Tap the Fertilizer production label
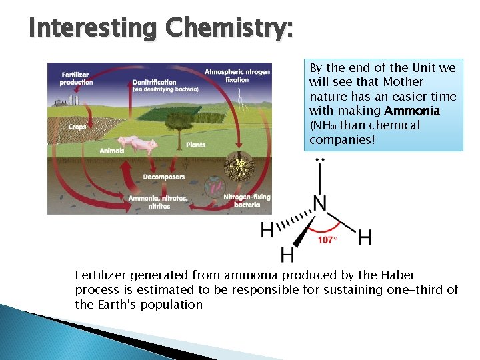[77, 79]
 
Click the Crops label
[77, 126]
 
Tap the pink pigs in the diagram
[137, 143]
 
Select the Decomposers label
[163, 177]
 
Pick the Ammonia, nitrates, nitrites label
[157, 202]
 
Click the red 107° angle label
[327, 239]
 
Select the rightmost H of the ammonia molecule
[365, 237]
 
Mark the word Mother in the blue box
[403, 81]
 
